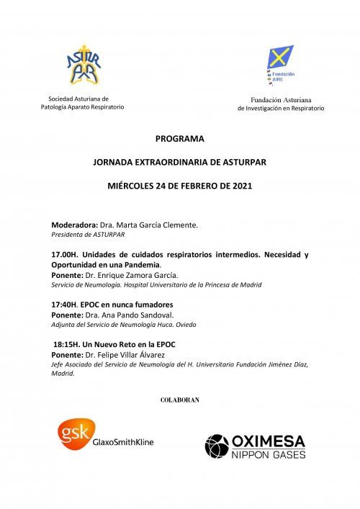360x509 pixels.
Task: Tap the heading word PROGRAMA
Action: [180, 138]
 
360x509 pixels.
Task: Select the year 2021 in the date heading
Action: [241, 186]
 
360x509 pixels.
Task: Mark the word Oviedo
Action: [186, 324]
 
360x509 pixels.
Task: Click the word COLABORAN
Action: [179, 399]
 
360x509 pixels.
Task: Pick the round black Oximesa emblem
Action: [217, 446]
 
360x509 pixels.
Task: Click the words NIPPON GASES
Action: [268, 455]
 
